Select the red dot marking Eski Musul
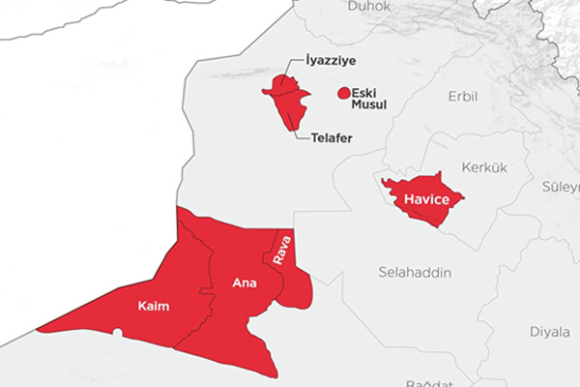click(342, 94)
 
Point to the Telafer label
click(332, 138)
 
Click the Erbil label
click(463, 97)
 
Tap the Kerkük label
click(485, 166)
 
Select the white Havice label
click(425, 198)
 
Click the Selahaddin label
click(416, 274)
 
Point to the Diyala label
click(549, 332)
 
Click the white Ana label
click(245, 283)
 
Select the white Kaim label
click(154, 307)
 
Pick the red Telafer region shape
click(285, 100)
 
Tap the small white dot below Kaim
click(117, 333)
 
